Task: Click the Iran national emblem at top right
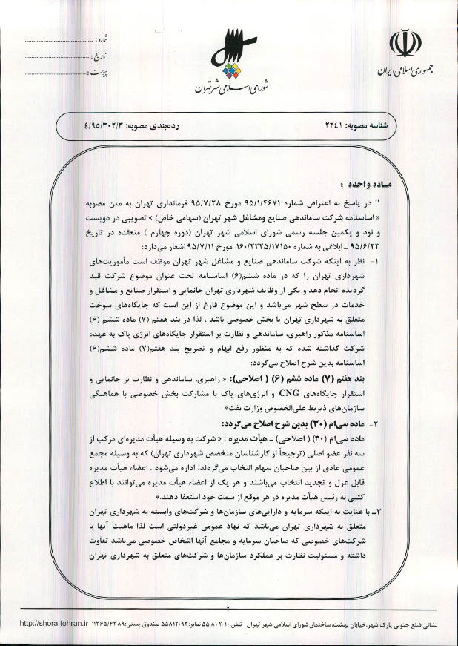[405, 44]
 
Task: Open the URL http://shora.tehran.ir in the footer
[47, 624]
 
